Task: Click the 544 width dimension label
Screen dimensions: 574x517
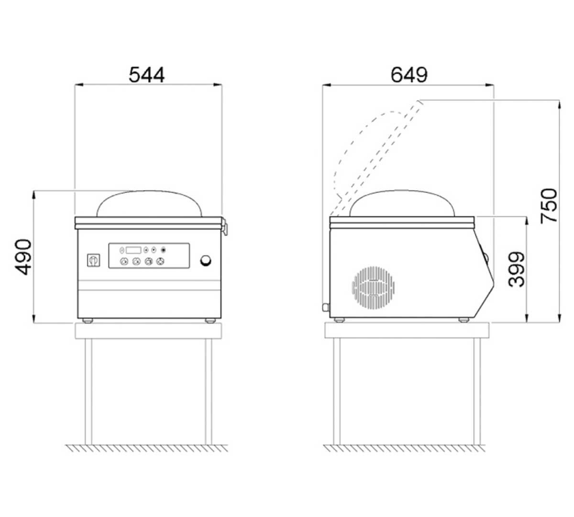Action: (x=146, y=75)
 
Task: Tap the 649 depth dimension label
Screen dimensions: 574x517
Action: (x=409, y=75)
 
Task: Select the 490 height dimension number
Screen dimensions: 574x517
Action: (x=23, y=257)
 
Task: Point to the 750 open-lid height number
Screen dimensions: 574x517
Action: (x=549, y=206)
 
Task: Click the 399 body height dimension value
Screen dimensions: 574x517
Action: (x=516, y=269)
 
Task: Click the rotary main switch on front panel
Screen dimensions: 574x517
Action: (x=94, y=260)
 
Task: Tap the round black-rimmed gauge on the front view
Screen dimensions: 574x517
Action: (x=206, y=260)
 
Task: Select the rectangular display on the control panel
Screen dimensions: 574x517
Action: (x=133, y=250)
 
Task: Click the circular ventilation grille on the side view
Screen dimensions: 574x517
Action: (x=373, y=287)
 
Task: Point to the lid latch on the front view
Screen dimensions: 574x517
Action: (x=225, y=226)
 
